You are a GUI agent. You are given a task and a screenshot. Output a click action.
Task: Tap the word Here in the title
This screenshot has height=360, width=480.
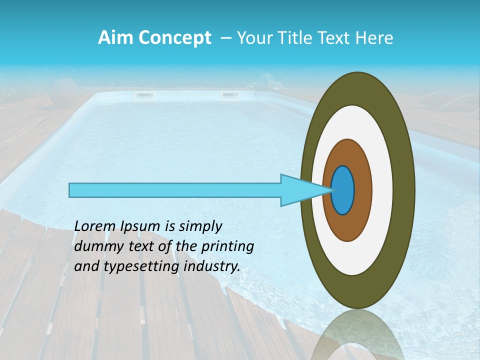click(x=374, y=38)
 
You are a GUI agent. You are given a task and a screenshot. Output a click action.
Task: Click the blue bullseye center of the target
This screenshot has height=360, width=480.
click(x=343, y=190)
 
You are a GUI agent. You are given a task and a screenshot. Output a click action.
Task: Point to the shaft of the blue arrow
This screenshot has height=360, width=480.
click(x=175, y=190)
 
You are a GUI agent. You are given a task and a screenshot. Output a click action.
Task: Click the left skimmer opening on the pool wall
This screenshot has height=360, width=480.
click(x=144, y=94)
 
